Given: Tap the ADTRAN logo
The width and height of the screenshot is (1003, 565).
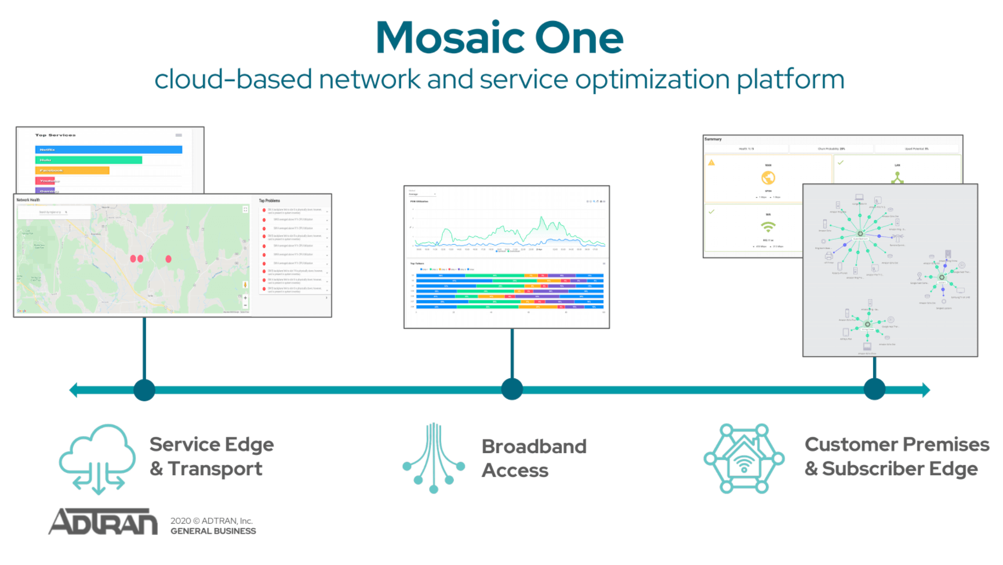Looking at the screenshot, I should pos(103,521).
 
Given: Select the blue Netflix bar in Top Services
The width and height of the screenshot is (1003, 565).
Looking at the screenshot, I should pos(108,150).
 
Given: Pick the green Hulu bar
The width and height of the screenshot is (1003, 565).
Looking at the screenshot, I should pos(88,160).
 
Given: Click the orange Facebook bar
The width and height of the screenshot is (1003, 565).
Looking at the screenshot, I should pos(72,171).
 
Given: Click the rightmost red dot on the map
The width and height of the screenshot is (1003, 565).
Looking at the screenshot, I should pos(168,259).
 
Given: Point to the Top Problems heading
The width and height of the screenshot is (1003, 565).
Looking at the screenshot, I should pos(269,201).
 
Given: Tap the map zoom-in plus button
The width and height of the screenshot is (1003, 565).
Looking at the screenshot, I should pos(245,298).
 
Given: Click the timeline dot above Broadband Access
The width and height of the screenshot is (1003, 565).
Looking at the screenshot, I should pos(511,389).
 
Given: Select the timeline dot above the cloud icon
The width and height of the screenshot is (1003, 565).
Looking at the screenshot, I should pos(144,390).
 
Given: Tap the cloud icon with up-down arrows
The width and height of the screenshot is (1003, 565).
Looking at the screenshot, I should pos(97,458).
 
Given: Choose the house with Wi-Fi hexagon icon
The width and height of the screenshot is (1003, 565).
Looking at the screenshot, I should pos(744,459).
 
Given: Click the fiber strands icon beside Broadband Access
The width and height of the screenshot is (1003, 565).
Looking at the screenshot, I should pos(434,458).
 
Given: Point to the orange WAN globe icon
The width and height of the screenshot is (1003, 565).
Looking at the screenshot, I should pos(768,178).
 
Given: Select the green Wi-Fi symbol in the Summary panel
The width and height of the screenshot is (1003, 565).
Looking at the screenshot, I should pos(768,227).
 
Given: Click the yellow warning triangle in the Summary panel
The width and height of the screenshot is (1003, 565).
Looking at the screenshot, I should pos(711,162).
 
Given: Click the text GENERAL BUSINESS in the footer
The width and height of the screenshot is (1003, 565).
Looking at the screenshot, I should pos(213,531).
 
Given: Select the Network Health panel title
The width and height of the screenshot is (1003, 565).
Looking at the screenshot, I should pos(28,200).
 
